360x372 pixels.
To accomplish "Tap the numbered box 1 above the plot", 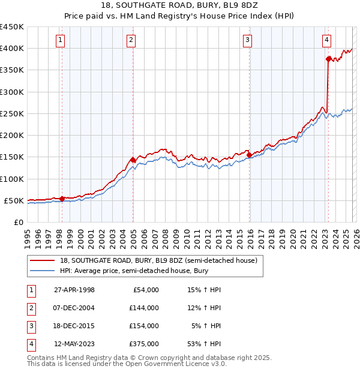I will pyautogui.click(x=61, y=40).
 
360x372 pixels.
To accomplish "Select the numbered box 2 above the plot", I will pyautogui.click(x=131, y=40).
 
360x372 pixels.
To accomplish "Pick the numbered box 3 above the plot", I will pyautogui.click(x=247, y=40).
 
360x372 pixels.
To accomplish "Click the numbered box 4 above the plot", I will pyautogui.click(x=326, y=40).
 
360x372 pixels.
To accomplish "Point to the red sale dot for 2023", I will pyautogui.click(x=328, y=59).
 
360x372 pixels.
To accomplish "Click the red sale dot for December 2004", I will pyautogui.click(x=133, y=160).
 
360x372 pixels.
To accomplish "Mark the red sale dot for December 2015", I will pyautogui.click(x=249, y=155).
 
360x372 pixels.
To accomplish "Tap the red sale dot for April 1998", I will pyautogui.click(x=62, y=199).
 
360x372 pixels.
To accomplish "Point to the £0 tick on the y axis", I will pyautogui.click(x=19, y=222).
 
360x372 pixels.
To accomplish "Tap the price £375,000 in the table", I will pyautogui.click(x=144, y=344).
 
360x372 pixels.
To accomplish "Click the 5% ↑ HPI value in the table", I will pyautogui.click(x=207, y=326).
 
